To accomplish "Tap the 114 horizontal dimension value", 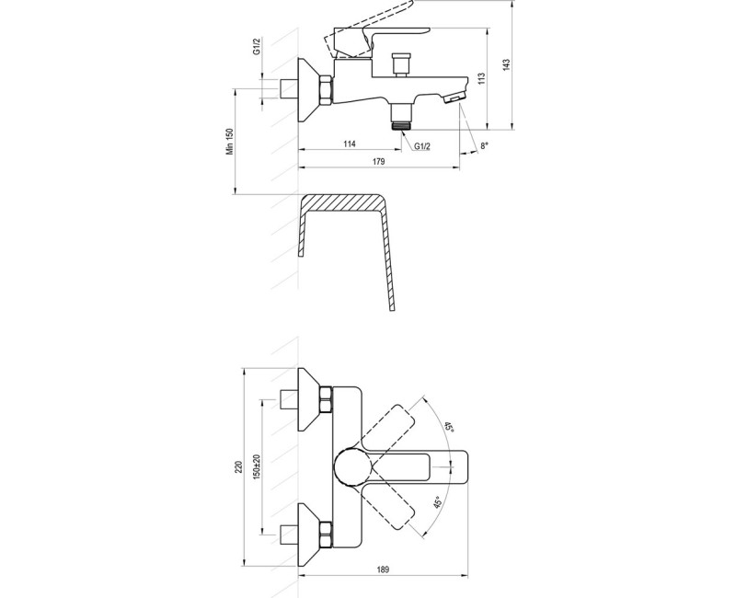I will point(349,144).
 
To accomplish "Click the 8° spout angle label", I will point(484,145).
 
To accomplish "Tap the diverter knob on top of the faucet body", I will point(399,64).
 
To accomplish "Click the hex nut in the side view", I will point(325,92).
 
